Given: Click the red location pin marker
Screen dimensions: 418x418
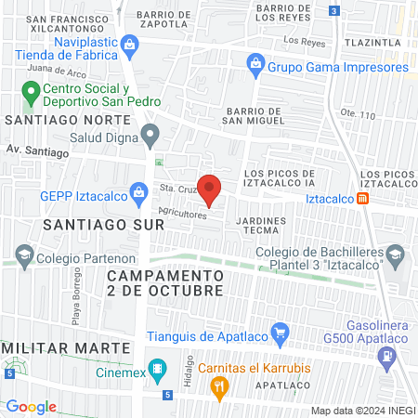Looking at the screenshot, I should click(210, 189).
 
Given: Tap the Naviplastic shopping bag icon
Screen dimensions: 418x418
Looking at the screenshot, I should click(131, 43).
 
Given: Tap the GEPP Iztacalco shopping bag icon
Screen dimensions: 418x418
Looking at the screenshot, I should click(139, 194).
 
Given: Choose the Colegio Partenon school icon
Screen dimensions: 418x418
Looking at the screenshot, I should click(23, 255).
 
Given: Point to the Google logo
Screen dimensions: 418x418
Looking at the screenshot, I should click(31, 407).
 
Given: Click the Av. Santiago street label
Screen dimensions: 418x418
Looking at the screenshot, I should click(37, 150).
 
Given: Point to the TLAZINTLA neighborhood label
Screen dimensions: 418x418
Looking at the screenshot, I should click(372, 43).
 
